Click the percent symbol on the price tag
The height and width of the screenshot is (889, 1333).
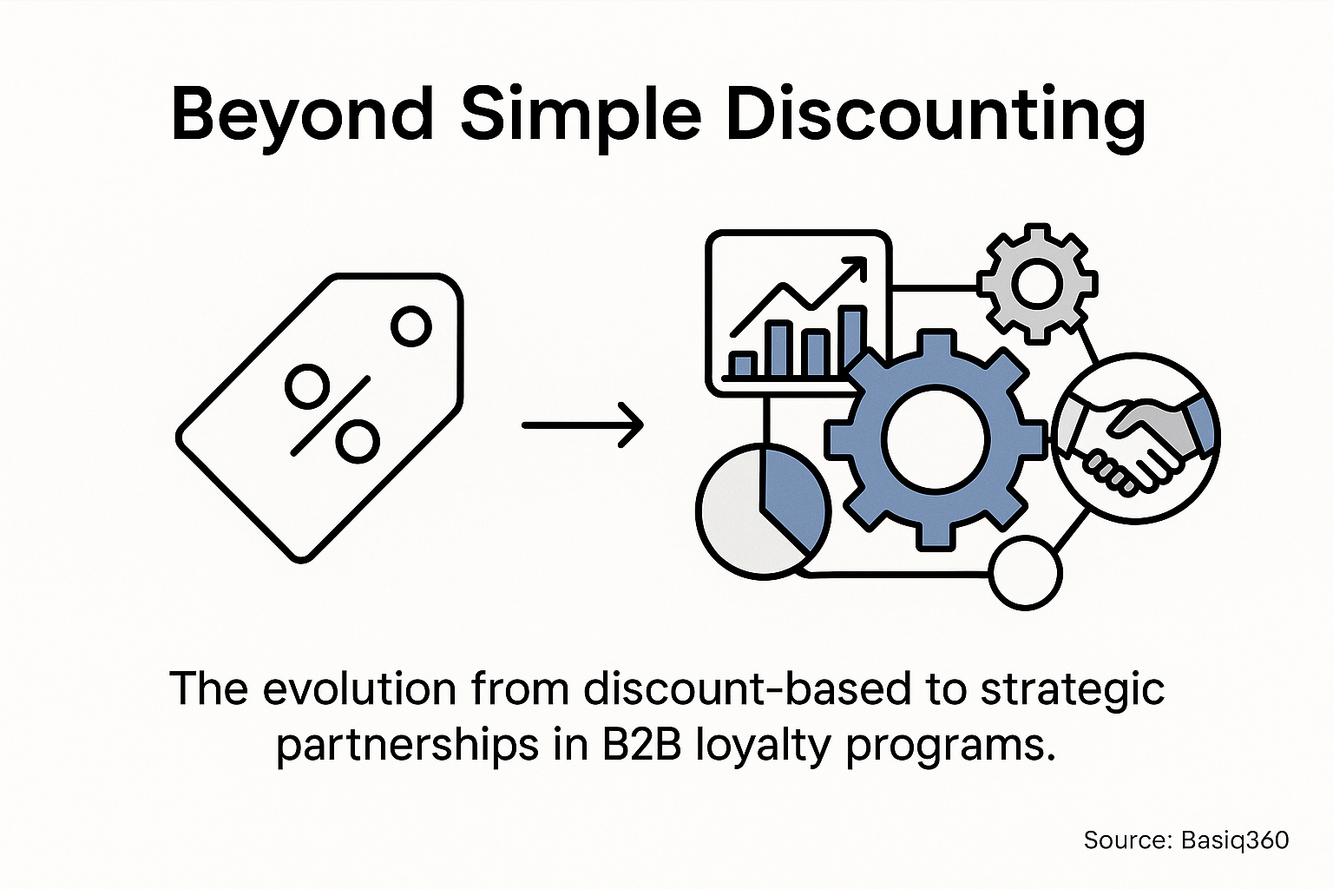[332, 413]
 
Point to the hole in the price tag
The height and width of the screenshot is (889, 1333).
[410, 326]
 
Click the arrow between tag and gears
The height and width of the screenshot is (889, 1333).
[582, 425]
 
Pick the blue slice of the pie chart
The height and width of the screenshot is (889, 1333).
[791, 495]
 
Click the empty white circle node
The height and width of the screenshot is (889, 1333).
[1025, 573]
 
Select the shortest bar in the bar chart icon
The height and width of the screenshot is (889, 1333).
[742, 365]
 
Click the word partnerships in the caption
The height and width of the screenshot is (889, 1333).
[399, 747]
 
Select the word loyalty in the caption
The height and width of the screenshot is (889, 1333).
[764, 747]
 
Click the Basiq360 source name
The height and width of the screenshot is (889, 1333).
[1235, 840]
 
